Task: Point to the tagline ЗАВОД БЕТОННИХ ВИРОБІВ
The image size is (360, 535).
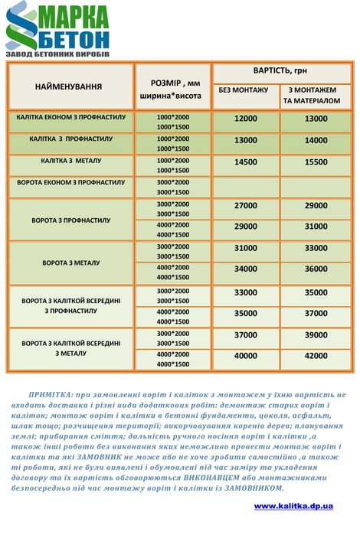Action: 57,56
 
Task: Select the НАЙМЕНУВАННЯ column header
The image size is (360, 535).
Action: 68,86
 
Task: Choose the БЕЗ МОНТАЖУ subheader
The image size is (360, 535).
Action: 244,90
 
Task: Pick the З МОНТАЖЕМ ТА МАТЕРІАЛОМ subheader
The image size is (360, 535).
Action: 314,95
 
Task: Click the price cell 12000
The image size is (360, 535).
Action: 245,119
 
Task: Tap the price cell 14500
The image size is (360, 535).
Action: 245,162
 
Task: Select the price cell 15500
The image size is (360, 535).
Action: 316,162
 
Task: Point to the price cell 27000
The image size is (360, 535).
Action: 245,205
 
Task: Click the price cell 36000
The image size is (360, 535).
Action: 316,269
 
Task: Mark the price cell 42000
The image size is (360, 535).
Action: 316,355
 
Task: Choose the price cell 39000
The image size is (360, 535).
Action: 316,334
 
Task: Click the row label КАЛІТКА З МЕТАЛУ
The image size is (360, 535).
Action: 70,161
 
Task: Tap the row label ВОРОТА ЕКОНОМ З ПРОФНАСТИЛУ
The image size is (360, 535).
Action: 70,183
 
